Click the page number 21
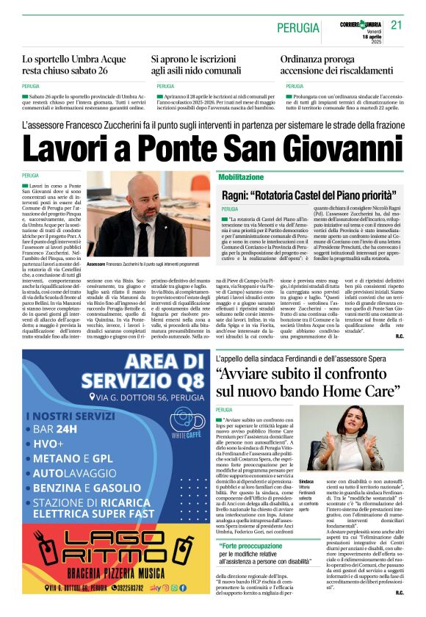[397, 25]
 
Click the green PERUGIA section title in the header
[298, 28]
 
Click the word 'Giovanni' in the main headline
[340, 150]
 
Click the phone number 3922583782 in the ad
[128, 588]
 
